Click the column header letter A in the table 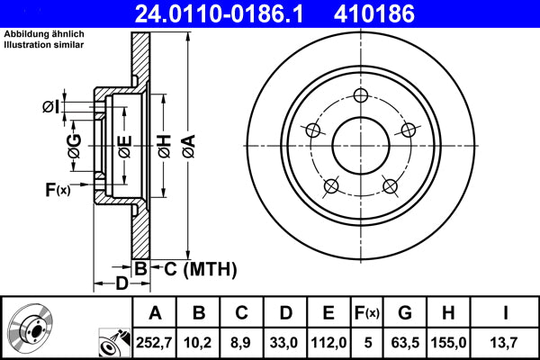(x=155, y=313)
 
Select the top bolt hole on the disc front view (x=361, y=98)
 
